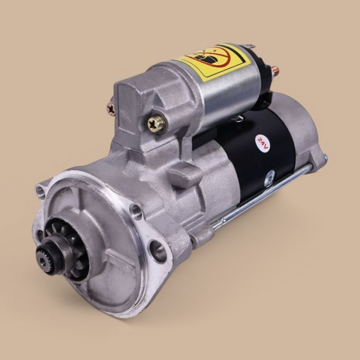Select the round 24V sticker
261,141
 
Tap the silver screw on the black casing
268,181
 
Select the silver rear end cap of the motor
303,139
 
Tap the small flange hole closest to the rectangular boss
136,209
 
